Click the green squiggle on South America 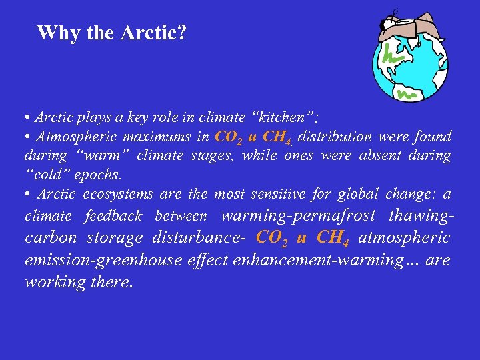406,94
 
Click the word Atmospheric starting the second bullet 75,137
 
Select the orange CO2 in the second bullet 229,137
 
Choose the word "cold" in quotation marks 45,175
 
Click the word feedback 113,216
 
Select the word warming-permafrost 297,215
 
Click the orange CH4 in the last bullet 334,238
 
